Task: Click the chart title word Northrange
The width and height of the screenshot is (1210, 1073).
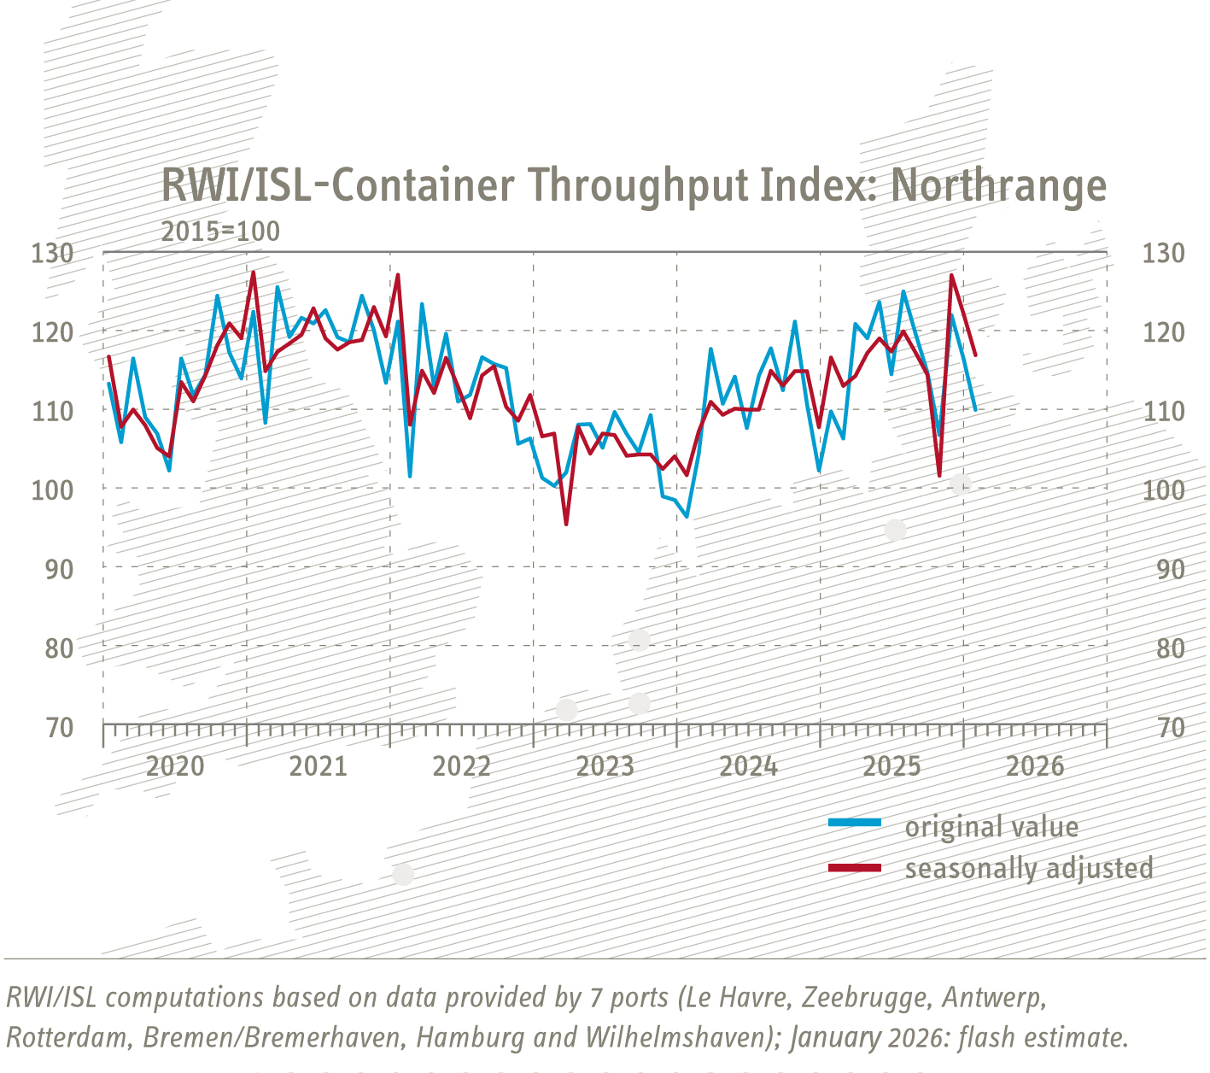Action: click(x=998, y=185)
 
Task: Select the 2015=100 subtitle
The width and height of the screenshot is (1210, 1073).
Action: click(x=220, y=232)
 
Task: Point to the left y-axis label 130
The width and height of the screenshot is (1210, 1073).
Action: click(x=52, y=253)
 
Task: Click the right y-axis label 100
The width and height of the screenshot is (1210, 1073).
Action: click(x=1163, y=490)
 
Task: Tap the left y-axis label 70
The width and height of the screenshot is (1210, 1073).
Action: click(x=59, y=728)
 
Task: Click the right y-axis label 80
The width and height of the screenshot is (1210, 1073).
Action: click(x=1163, y=648)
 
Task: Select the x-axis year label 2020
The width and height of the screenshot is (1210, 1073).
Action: click(x=175, y=766)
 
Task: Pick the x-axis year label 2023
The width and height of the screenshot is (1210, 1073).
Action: click(x=605, y=766)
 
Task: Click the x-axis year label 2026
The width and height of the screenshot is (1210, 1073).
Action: click(x=1035, y=766)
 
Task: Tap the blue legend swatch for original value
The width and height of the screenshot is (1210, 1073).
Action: click(x=854, y=823)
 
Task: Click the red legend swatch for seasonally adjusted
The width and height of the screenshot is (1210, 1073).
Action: click(x=854, y=868)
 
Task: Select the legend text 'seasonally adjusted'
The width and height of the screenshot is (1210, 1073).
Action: click(x=1029, y=868)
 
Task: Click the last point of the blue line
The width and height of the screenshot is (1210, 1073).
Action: click(x=975, y=410)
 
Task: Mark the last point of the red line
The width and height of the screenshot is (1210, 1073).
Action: click(x=975, y=355)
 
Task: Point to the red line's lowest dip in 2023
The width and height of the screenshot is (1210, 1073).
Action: click(x=566, y=524)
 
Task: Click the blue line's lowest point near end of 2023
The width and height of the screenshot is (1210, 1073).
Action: click(x=687, y=516)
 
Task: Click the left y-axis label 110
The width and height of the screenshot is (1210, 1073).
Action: click(x=52, y=411)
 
